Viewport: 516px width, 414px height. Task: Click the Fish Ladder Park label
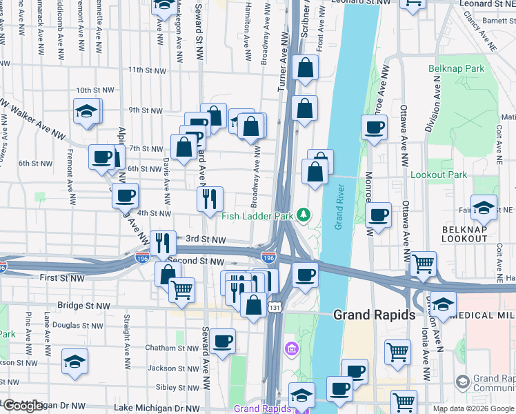coord(257,216)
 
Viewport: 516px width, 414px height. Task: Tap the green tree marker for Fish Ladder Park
coord(303,216)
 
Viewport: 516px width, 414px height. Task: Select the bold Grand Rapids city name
coord(374,315)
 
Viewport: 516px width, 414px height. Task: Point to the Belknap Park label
coord(457,69)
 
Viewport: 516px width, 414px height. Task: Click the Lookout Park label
coord(439,175)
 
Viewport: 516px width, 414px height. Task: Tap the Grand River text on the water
coord(339,207)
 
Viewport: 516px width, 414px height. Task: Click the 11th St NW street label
coord(147,70)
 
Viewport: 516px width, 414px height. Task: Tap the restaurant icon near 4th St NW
coord(210,199)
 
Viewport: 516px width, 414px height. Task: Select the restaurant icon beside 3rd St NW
coord(163,242)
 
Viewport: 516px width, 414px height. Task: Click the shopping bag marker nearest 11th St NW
coord(304,68)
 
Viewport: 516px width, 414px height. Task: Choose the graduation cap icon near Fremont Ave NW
coord(87,111)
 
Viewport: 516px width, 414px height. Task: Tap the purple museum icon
coord(290,347)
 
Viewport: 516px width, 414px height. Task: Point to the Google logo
coord(23,406)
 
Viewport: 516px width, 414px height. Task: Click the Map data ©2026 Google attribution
coord(473,408)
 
